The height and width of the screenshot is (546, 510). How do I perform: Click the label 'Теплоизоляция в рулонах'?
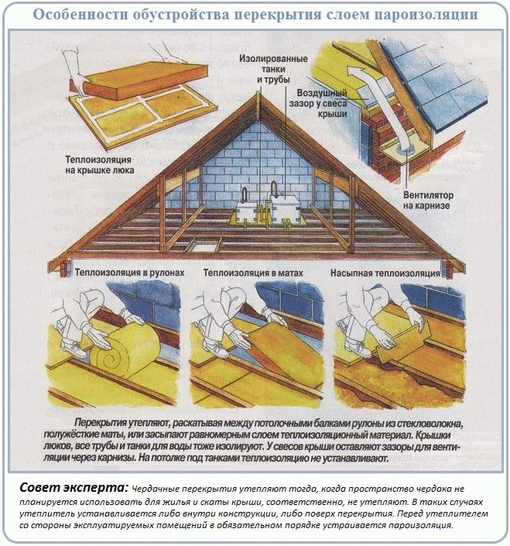pyautogui.click(x=130, y=273)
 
